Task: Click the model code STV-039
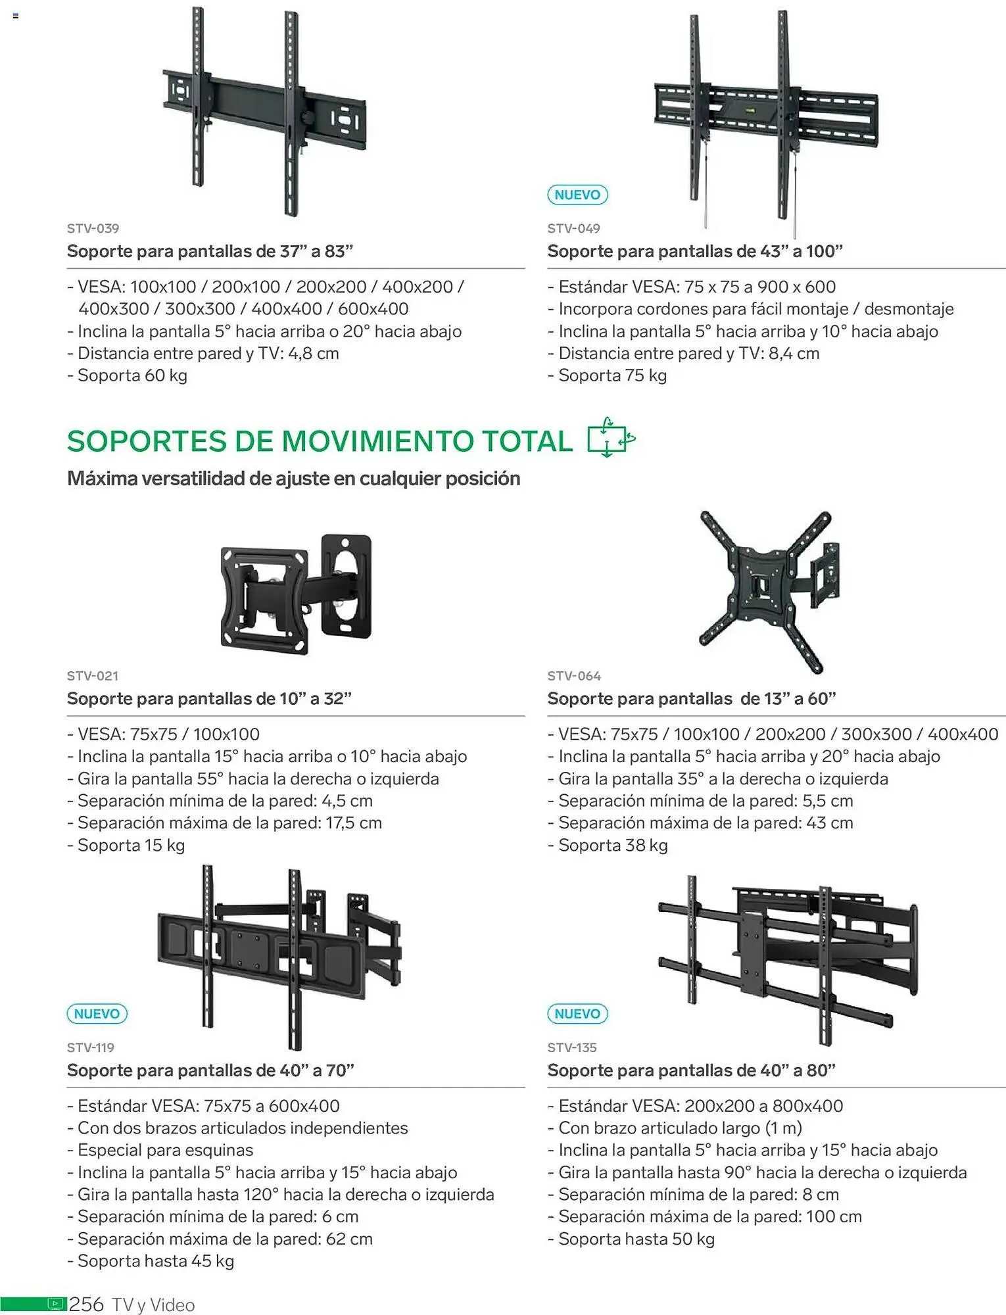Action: tap(93, 229)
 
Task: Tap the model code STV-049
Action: tap(573, 229)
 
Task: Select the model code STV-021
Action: tap(93, 676)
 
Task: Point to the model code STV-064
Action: tap(574, 676)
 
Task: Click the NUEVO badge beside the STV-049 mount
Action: tap(577, 195)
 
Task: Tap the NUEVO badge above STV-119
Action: tap(97, 1014)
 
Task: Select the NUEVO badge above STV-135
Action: tap(577, 1014)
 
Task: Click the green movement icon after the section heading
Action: tap(611, 437)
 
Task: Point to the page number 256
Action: tap(87, 1304)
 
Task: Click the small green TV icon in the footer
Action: tap(57, 1304)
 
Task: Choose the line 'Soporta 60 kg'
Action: tap(127, 375)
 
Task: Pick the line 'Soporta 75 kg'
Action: tap(607, 375)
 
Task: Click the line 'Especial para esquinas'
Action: tap(160, 1150)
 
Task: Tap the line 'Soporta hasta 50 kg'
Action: tap(631, 1239)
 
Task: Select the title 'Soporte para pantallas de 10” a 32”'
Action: tap(209, 698)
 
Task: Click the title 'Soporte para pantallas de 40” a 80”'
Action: tap(691, 1070)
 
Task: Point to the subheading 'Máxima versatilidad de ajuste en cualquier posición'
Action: tap(293, 479)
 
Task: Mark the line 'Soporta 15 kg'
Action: tap(126, 845)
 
